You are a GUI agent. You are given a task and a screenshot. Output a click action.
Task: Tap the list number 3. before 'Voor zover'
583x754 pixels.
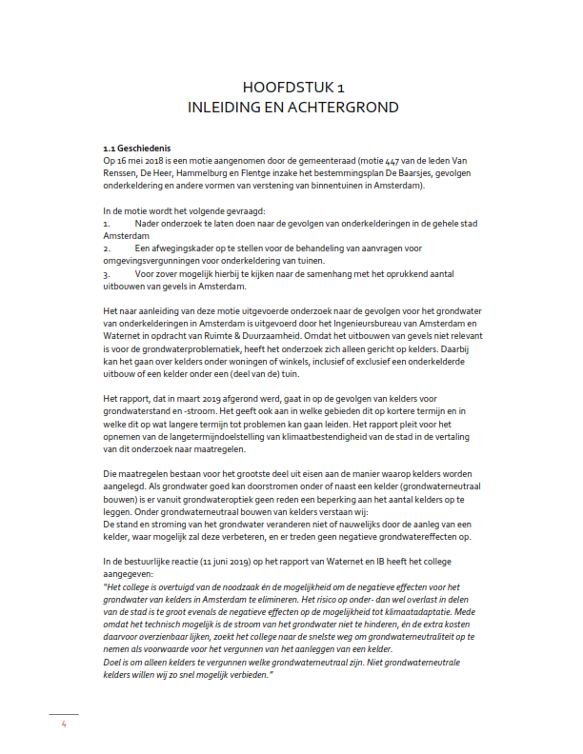tap(107, 275)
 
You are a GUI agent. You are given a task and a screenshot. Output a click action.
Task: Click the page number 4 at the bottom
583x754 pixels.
tap(63, 724)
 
